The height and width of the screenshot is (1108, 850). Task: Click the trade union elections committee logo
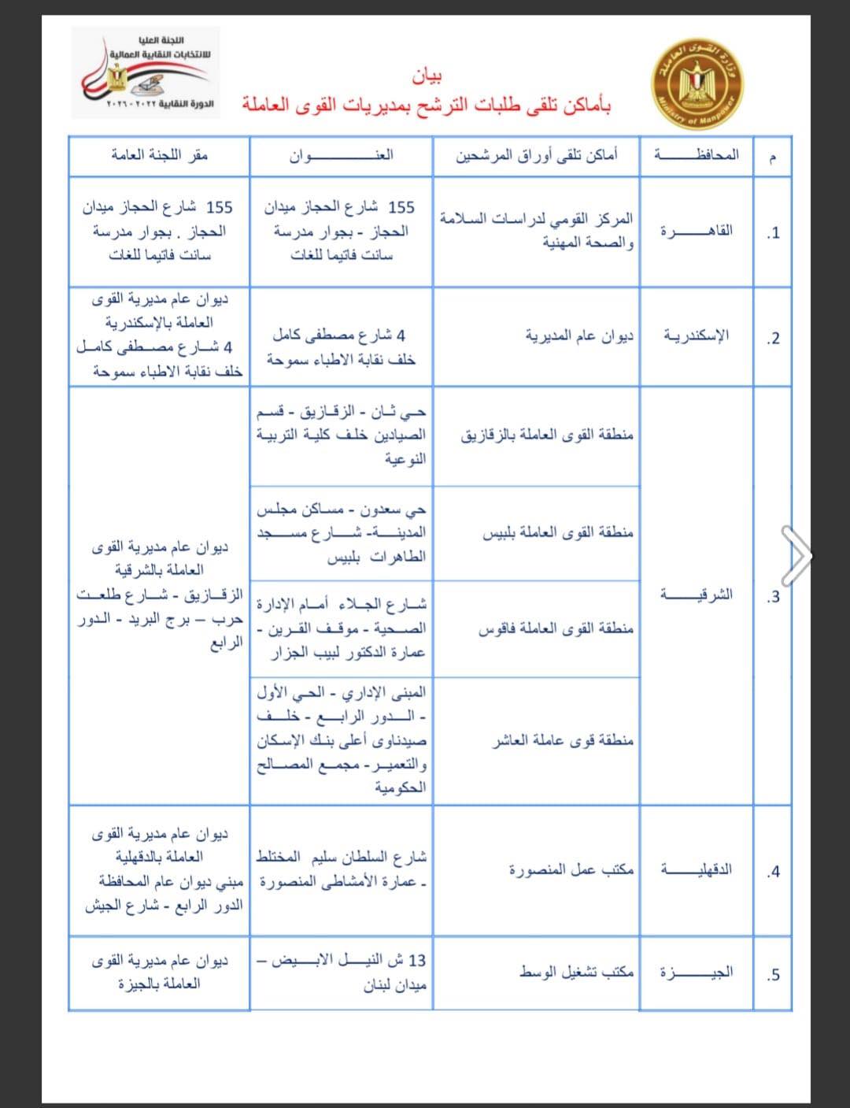[x=146, y=72]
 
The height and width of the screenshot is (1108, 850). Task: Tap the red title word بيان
[x=427, y=76]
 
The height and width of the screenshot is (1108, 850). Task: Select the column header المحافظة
[x=696, y=155]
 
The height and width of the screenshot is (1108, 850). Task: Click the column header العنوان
[x=341, y=155]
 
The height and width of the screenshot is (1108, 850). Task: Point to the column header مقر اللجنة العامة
[x=159, y=155]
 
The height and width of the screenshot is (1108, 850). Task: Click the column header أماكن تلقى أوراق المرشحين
[x=537, y=155]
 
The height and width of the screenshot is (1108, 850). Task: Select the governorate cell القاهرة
[x=696, y=231]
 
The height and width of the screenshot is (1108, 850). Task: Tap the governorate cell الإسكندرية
[x=696, y=336]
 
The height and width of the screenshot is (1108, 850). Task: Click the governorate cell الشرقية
[x=696, y=595]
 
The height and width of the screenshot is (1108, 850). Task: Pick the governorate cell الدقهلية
[x=696, y=869]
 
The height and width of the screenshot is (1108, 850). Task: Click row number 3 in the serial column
[x=773, y=596]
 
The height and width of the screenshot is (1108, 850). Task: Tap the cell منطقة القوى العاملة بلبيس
[x=557, y=533]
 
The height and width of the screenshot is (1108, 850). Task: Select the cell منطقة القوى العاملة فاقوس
[x=556, y=628]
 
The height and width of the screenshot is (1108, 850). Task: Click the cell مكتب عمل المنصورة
[x=571, y=870]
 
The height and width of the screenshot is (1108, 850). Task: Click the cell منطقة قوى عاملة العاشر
[x=563, y=740]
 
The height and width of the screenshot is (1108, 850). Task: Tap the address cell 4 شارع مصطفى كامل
[x=341, y=347]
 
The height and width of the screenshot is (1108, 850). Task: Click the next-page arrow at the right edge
[x=796, y=555]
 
